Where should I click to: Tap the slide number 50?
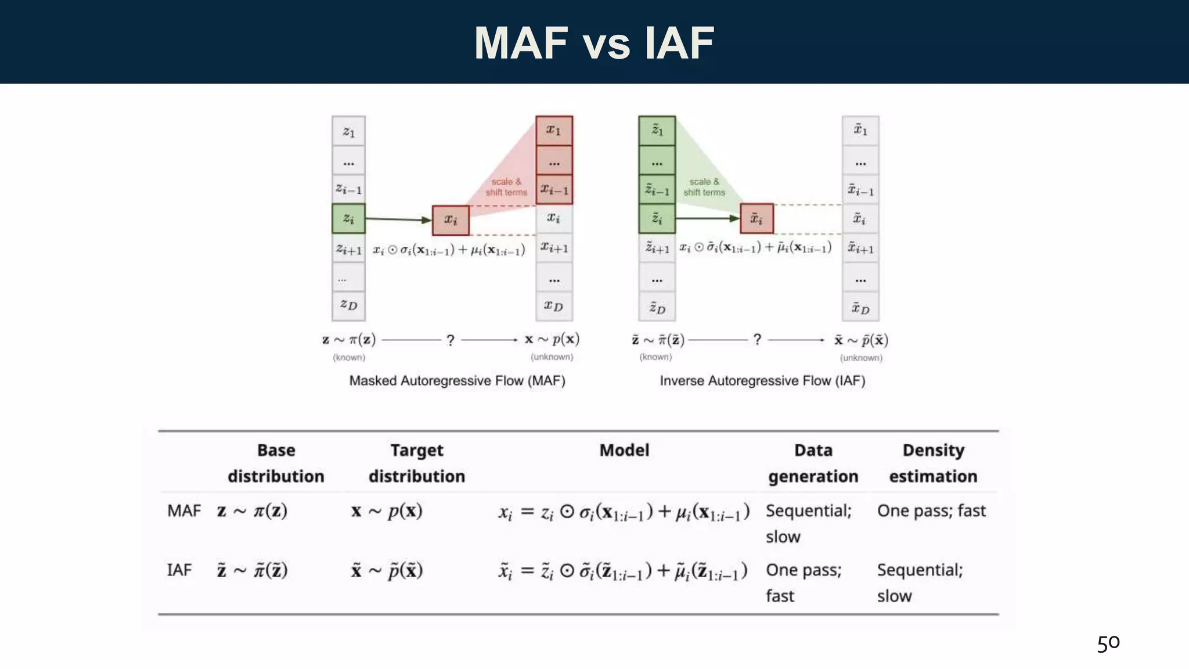(1108, 643)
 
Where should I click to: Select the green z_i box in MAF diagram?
(348, 218)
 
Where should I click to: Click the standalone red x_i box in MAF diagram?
(451, 220)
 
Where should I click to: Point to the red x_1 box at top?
(554, 130)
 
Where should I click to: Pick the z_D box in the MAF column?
(348, 305)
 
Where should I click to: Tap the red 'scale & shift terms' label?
(506, 187)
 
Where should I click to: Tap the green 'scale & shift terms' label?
(704, 187)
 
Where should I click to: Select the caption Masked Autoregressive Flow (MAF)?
(457, 381)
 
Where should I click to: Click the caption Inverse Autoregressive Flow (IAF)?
(762, 381)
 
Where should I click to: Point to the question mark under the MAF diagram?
(450, 340)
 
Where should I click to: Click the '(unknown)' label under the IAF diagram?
(861, 358)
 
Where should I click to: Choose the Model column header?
(624, 450)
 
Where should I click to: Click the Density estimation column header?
(933, 463)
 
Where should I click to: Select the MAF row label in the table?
(183, 511)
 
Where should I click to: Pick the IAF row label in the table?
(179, 570)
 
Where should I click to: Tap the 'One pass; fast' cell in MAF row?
(931, 511)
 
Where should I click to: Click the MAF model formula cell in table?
(624, 512)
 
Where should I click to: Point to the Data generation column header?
(813, 463)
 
